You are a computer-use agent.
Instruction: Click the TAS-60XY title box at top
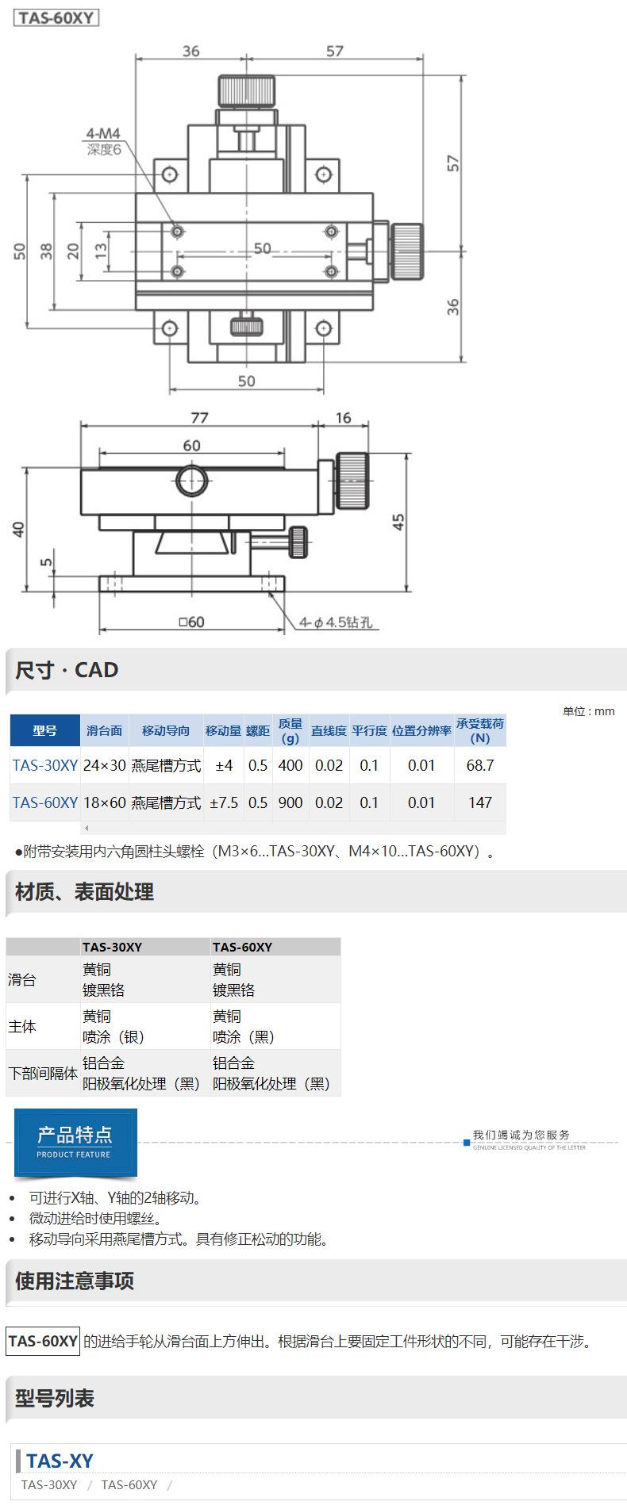(56, 18)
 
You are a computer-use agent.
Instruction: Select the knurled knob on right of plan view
(406, 251)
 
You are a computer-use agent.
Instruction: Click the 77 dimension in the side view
(198, 417)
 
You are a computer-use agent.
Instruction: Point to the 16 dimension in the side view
(343, 417)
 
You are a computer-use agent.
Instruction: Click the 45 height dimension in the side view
(398, 522)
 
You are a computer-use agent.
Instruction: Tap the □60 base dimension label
(191, 622)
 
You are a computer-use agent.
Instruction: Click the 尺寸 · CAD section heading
(67, 670)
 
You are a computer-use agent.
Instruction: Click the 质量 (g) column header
(290, 730)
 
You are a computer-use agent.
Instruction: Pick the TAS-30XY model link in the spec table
(45, 765)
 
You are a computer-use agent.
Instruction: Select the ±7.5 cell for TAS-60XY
(223, 802)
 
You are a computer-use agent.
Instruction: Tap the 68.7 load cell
(480, 765)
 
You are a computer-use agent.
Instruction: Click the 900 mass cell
(290, 802)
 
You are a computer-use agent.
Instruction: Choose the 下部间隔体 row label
(43, 1074)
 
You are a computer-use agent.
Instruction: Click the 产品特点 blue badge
(75, 1142)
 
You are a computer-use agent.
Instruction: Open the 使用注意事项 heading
(75, 1281)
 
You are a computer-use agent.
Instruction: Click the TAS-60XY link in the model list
(129, 1484)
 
